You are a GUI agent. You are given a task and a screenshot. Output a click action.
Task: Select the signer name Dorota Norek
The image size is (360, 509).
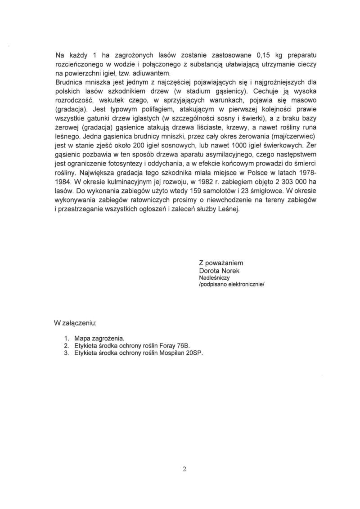point(220,271)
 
